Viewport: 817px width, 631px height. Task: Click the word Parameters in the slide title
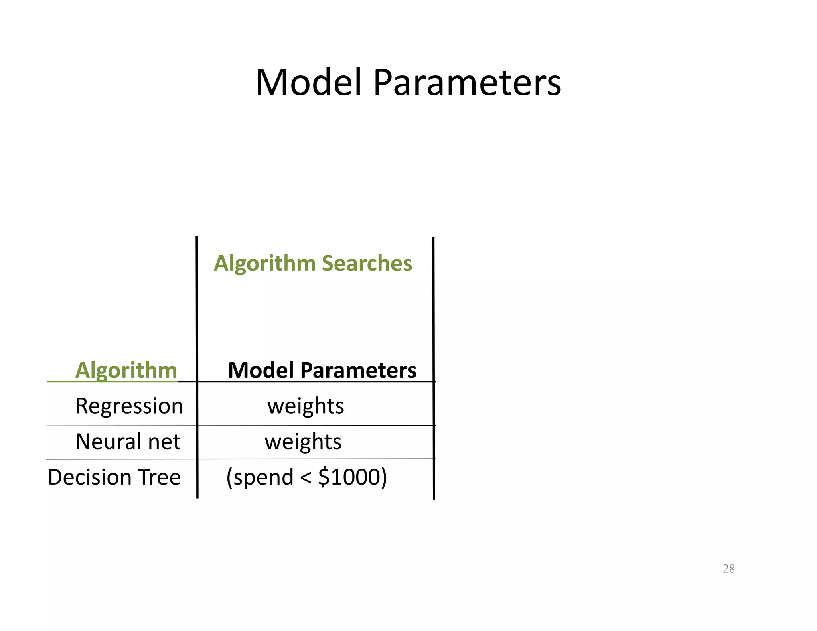(x=467, y=83)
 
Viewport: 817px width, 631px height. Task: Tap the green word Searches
(x=367, y=263)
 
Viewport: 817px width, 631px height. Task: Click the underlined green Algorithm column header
(x=126, y=370)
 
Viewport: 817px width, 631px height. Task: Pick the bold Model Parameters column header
(x=322, y=370)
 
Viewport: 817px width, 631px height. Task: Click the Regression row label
(x=129, y=406)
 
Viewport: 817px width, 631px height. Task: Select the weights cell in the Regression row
(x=306, y=406)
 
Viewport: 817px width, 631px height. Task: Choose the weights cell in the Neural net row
(x=303, y=442)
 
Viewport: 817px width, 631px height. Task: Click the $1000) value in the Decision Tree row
(x=353, y=477)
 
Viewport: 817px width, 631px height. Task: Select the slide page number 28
(x=728, y=568)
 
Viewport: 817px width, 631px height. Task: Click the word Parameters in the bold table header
(x=358, y=370)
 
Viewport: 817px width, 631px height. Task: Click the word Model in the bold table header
(x=261, y=370)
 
